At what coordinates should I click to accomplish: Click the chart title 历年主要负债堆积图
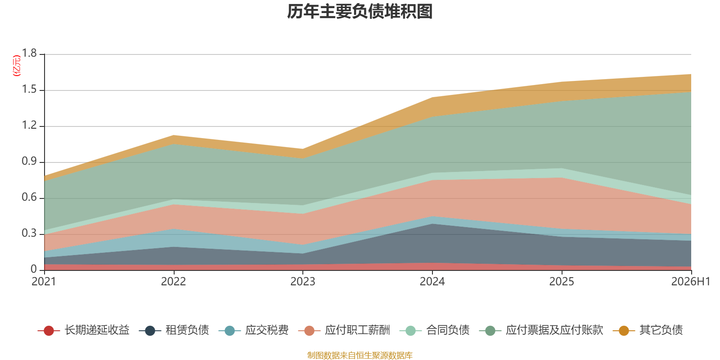tap(360, 12)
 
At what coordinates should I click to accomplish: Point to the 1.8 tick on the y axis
tap(29, 53)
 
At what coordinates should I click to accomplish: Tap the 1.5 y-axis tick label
tap(29, 89)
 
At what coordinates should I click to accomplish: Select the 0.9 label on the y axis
tap(29, 161)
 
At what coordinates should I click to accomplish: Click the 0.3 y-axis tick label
tap(29, 233)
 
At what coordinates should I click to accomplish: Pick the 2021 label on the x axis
tap(44, 282)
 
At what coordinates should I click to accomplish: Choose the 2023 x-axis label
tap(303, 282)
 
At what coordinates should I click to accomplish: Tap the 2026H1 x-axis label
tap(691, 282)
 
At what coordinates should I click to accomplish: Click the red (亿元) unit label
tap(16, 66)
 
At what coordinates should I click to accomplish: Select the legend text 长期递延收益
tap(97, 330)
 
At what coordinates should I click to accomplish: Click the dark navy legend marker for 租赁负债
tap(150, 330)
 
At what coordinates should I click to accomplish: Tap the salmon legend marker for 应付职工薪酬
tap(309, 330)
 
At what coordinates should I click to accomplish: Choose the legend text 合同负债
tap(448, 330)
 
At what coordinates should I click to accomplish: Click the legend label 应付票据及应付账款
tap(554, 330)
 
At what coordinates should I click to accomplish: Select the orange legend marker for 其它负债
tap(624, 330)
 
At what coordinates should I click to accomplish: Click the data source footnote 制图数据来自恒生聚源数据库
tap(360, 355)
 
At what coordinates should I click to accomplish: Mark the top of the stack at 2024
tap(432, 97)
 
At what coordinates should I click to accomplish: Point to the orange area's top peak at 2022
tap(174, 135)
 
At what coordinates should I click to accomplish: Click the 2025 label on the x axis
tap(562, 282)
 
